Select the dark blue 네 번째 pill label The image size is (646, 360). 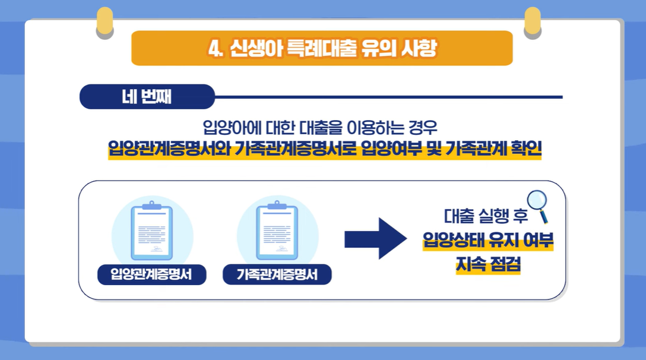(x=147, y=97)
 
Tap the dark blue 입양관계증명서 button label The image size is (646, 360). (x=151, y=274)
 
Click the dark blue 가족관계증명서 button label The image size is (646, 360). (x=277, y=274)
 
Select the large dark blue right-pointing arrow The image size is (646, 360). (x=375, y=238)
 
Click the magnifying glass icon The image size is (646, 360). (x=538, y=205)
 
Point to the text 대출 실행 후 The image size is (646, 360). (x=485, y=216)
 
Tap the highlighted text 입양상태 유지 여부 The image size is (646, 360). (x=488, y=241)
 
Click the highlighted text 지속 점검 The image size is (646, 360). (x=488, y=265)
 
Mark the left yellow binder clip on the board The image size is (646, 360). (x=104, y=23)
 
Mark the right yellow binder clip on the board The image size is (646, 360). (x=533, y=23)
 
